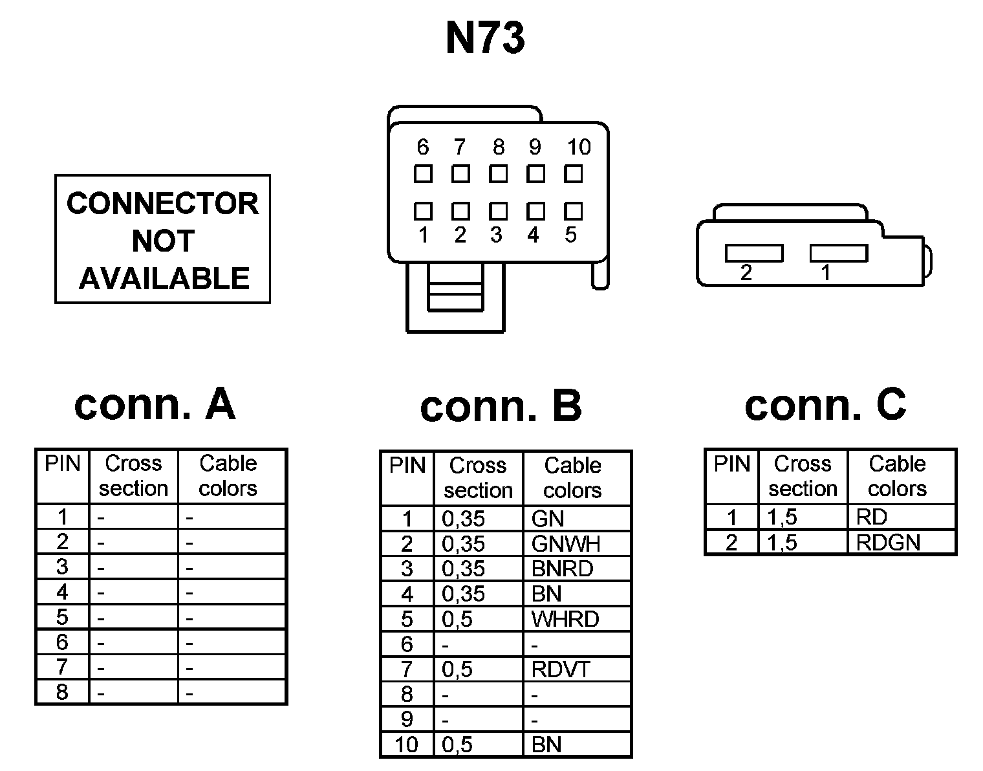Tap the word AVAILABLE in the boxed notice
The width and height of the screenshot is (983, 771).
pyautogui.click(x=164, y=279)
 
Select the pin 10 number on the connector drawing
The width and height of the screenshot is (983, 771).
pyautogui.click(x=578, y=147)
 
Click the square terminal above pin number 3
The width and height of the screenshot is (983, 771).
pyautogui.click(x=498, y=212)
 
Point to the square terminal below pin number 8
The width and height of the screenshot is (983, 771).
pyautogui.click(x=498, y=173)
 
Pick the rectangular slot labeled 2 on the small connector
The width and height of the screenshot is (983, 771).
pyautogui.click(x=753, y=253)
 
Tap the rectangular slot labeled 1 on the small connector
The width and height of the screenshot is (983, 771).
pyautogui.click(x=838, y=253)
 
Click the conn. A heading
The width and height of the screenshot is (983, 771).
pyautogui.click(x=155, y=404)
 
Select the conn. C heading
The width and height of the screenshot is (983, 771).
pyautogui.click(x=825, y=404)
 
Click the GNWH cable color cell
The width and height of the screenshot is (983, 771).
pyautogui.click(x=565, y=544)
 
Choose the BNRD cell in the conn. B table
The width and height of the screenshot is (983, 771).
pyautogui.click(x=561, y=569)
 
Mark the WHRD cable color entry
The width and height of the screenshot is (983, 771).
pyautogui.click(x=565, y=620)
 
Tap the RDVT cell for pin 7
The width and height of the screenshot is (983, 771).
pyautogui.click(x=560, y=669)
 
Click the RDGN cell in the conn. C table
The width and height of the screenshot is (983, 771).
pyautogui.click(x=887, y=543)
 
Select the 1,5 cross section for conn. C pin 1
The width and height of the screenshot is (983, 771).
pyautogui.click(x=782, y=517)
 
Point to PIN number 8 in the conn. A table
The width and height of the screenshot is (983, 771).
pyautogui.click(x=62, y=692)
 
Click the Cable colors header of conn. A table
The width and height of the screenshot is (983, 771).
pyautogui.click(x=228, y=475)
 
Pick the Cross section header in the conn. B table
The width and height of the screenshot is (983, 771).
pyautogui.click(x=478, y=477)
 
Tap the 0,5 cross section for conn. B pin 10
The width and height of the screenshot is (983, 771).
pyautogui.click(x=457, y=745)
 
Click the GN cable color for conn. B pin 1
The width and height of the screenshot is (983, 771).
pyautogui.click(x=548, y=519)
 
